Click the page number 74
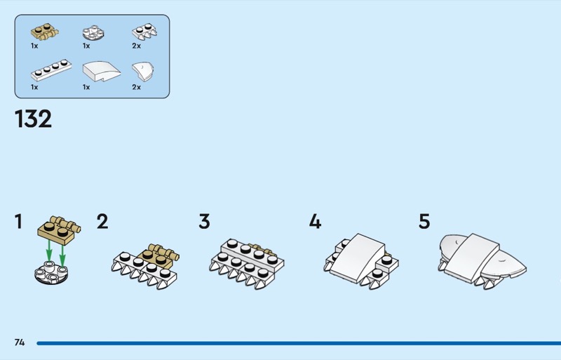(20, 342)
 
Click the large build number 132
(33, 119)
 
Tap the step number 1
(19, 221)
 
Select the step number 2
(102, 221)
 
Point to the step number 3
(204, 221)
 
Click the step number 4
(315, 221)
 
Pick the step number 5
(424, 221)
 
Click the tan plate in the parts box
(44, 32)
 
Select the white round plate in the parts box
(93, 32)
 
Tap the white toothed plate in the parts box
(144, 32)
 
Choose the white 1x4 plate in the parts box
(51, 70)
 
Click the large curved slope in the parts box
(102, 71)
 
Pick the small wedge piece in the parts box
(143, 72)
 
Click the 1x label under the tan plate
(34, 46)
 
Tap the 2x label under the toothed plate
(136, 46)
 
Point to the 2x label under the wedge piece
(136, 87)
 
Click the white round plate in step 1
(51, 272)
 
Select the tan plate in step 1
(59, 230)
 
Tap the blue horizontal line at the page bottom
(299, 343)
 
